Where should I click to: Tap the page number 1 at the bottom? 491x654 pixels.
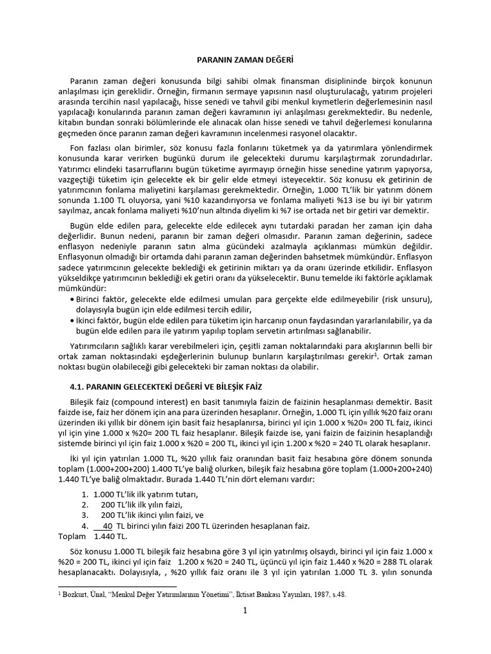(x=245, y=611)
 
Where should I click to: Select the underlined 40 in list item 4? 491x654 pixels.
(x=107, y=526)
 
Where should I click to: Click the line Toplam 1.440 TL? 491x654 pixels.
(x=93, y=536)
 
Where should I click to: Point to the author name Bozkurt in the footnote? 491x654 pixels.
(x=77, y=594)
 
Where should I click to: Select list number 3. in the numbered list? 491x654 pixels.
(x=85, y=514)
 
